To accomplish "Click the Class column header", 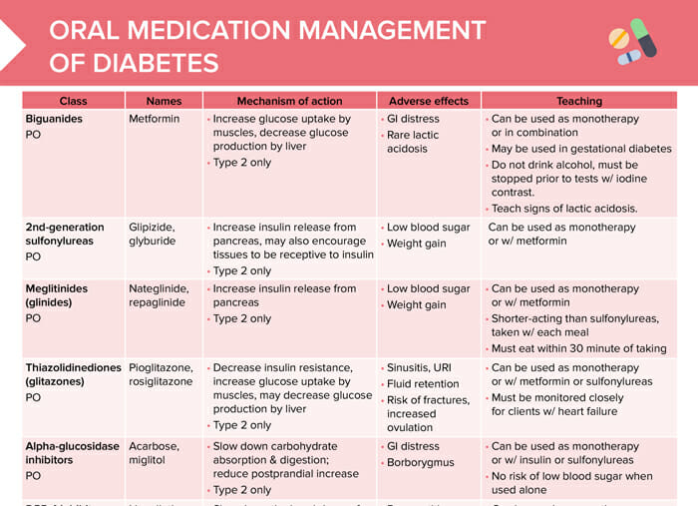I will pos(73,101).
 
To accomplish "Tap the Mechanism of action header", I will pos(289,101).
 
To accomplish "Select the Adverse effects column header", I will pos(429,101).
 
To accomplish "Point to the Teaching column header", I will pos(579,101).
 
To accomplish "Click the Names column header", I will pos(164,101).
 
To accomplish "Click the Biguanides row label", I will pos(54,118).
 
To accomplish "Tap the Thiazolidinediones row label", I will pos(73,367).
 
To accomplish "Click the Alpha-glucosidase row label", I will pos(73,445).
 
